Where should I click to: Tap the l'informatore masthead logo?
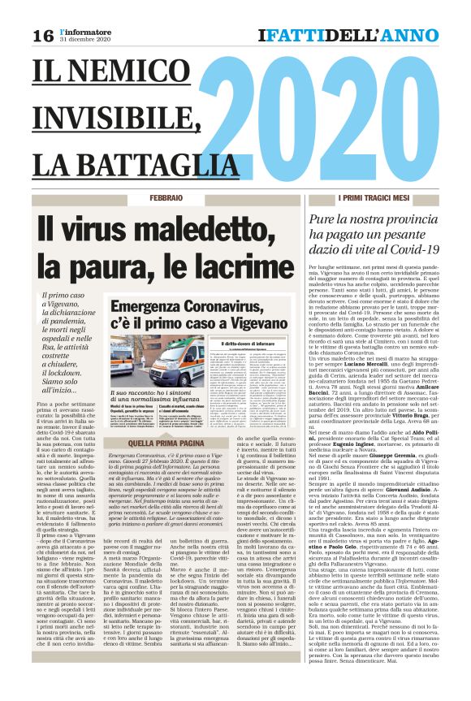[x=80, y=32]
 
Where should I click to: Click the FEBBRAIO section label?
[x=166, y=199]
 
